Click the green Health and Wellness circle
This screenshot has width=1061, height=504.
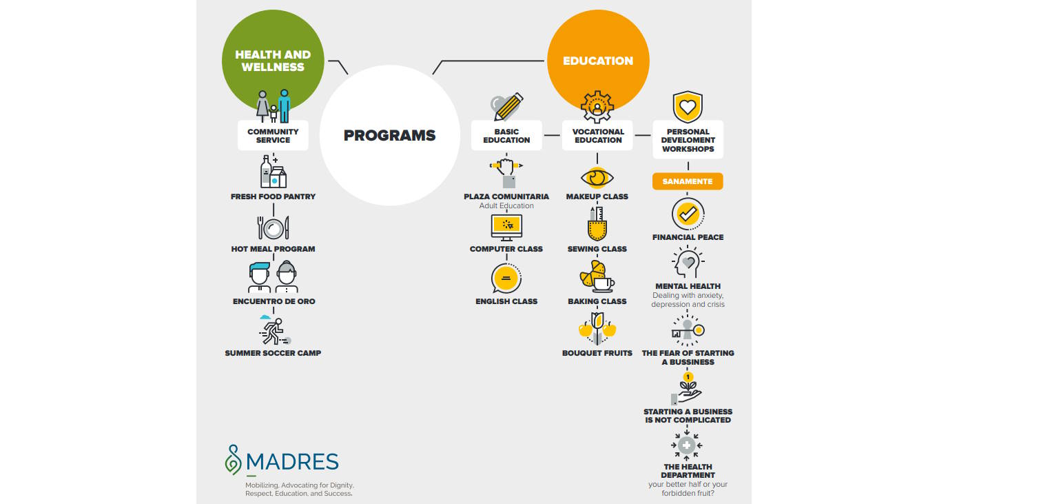[x=273, y=48]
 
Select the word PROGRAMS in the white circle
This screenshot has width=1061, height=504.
[x=389, y=136]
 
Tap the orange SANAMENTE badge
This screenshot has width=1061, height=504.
[x=688, y=181]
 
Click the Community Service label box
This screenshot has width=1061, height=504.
[x=273, y=136]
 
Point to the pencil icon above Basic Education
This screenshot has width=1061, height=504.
[x=508, y=107]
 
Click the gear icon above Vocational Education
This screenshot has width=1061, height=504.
[x=597, y=107]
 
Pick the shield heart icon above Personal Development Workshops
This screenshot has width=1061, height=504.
[x=688, y=107]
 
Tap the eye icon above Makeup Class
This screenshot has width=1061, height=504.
[x=597, y=177]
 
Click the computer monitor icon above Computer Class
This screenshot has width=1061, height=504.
[x=506, y=227]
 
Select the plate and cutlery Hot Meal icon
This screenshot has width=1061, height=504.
[x=273, y=228]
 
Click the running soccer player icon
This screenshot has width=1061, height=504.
[x=274, y=331]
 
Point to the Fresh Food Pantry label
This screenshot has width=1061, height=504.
[x=273, y=196]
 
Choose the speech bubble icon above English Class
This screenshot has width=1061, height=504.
[x=506, y=279]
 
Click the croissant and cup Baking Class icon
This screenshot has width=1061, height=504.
[x=596, y=277]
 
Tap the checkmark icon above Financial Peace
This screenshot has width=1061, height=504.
[x=688, y=214]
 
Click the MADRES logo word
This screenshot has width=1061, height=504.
[x=291, y=461]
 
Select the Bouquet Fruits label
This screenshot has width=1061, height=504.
[x=597, y=353]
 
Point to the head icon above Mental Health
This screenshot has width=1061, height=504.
[x=687, y=263]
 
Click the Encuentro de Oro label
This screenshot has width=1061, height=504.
[x=274, y=301]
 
